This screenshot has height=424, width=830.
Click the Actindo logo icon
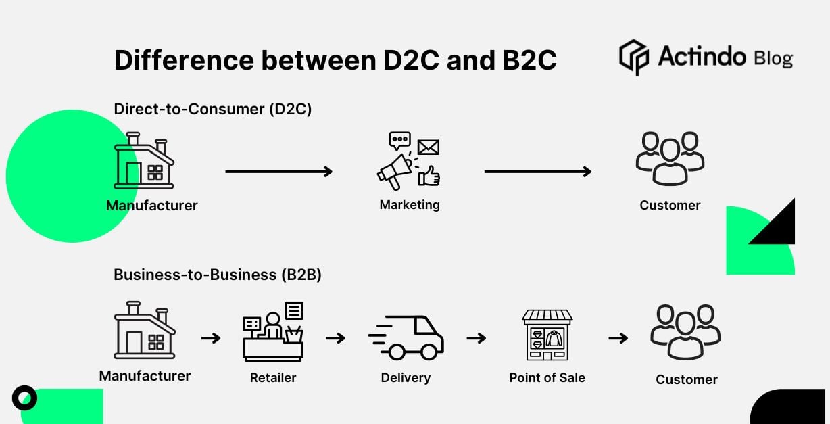pyautogui.click(x=633, y=57)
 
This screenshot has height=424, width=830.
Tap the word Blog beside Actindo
pyautogui.click(x=773, y=59)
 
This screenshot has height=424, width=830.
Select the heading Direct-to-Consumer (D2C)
pyautogui.click(x=213, y=109)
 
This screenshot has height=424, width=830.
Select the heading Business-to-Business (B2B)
pyautogui.click(x=218, y=275)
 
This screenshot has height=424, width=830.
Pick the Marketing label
pyautogui.click(x=410, y=204)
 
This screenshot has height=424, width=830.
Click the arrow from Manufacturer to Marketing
pyautogui.click(x=278, y=172)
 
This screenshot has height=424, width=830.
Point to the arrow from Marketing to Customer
pyautogui.click(x=537, y=172)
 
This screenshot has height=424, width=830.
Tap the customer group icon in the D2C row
pyautogui.click(x=670, y=158)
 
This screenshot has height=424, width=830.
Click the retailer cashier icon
pyautogui.click(x=273, y=331)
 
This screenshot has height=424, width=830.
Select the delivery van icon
pyautogui.click(x=406, y=337)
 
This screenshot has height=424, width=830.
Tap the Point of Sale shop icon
pyautogui.click(x=547, y=335)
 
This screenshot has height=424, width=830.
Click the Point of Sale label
pyautogui.click(x=547, y=378)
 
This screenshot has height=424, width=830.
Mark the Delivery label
pyautogui.click(x=406, y=378)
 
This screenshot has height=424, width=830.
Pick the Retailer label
pyautogui.click(x=273, y=378)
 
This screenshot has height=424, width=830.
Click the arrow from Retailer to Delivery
pyautogui.click(x=335, y=337)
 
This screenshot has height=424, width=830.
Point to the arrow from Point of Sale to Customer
pyautogui.click(x=618, y=337)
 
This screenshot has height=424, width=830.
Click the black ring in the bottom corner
pyautogui.click(x=25, y=398)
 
